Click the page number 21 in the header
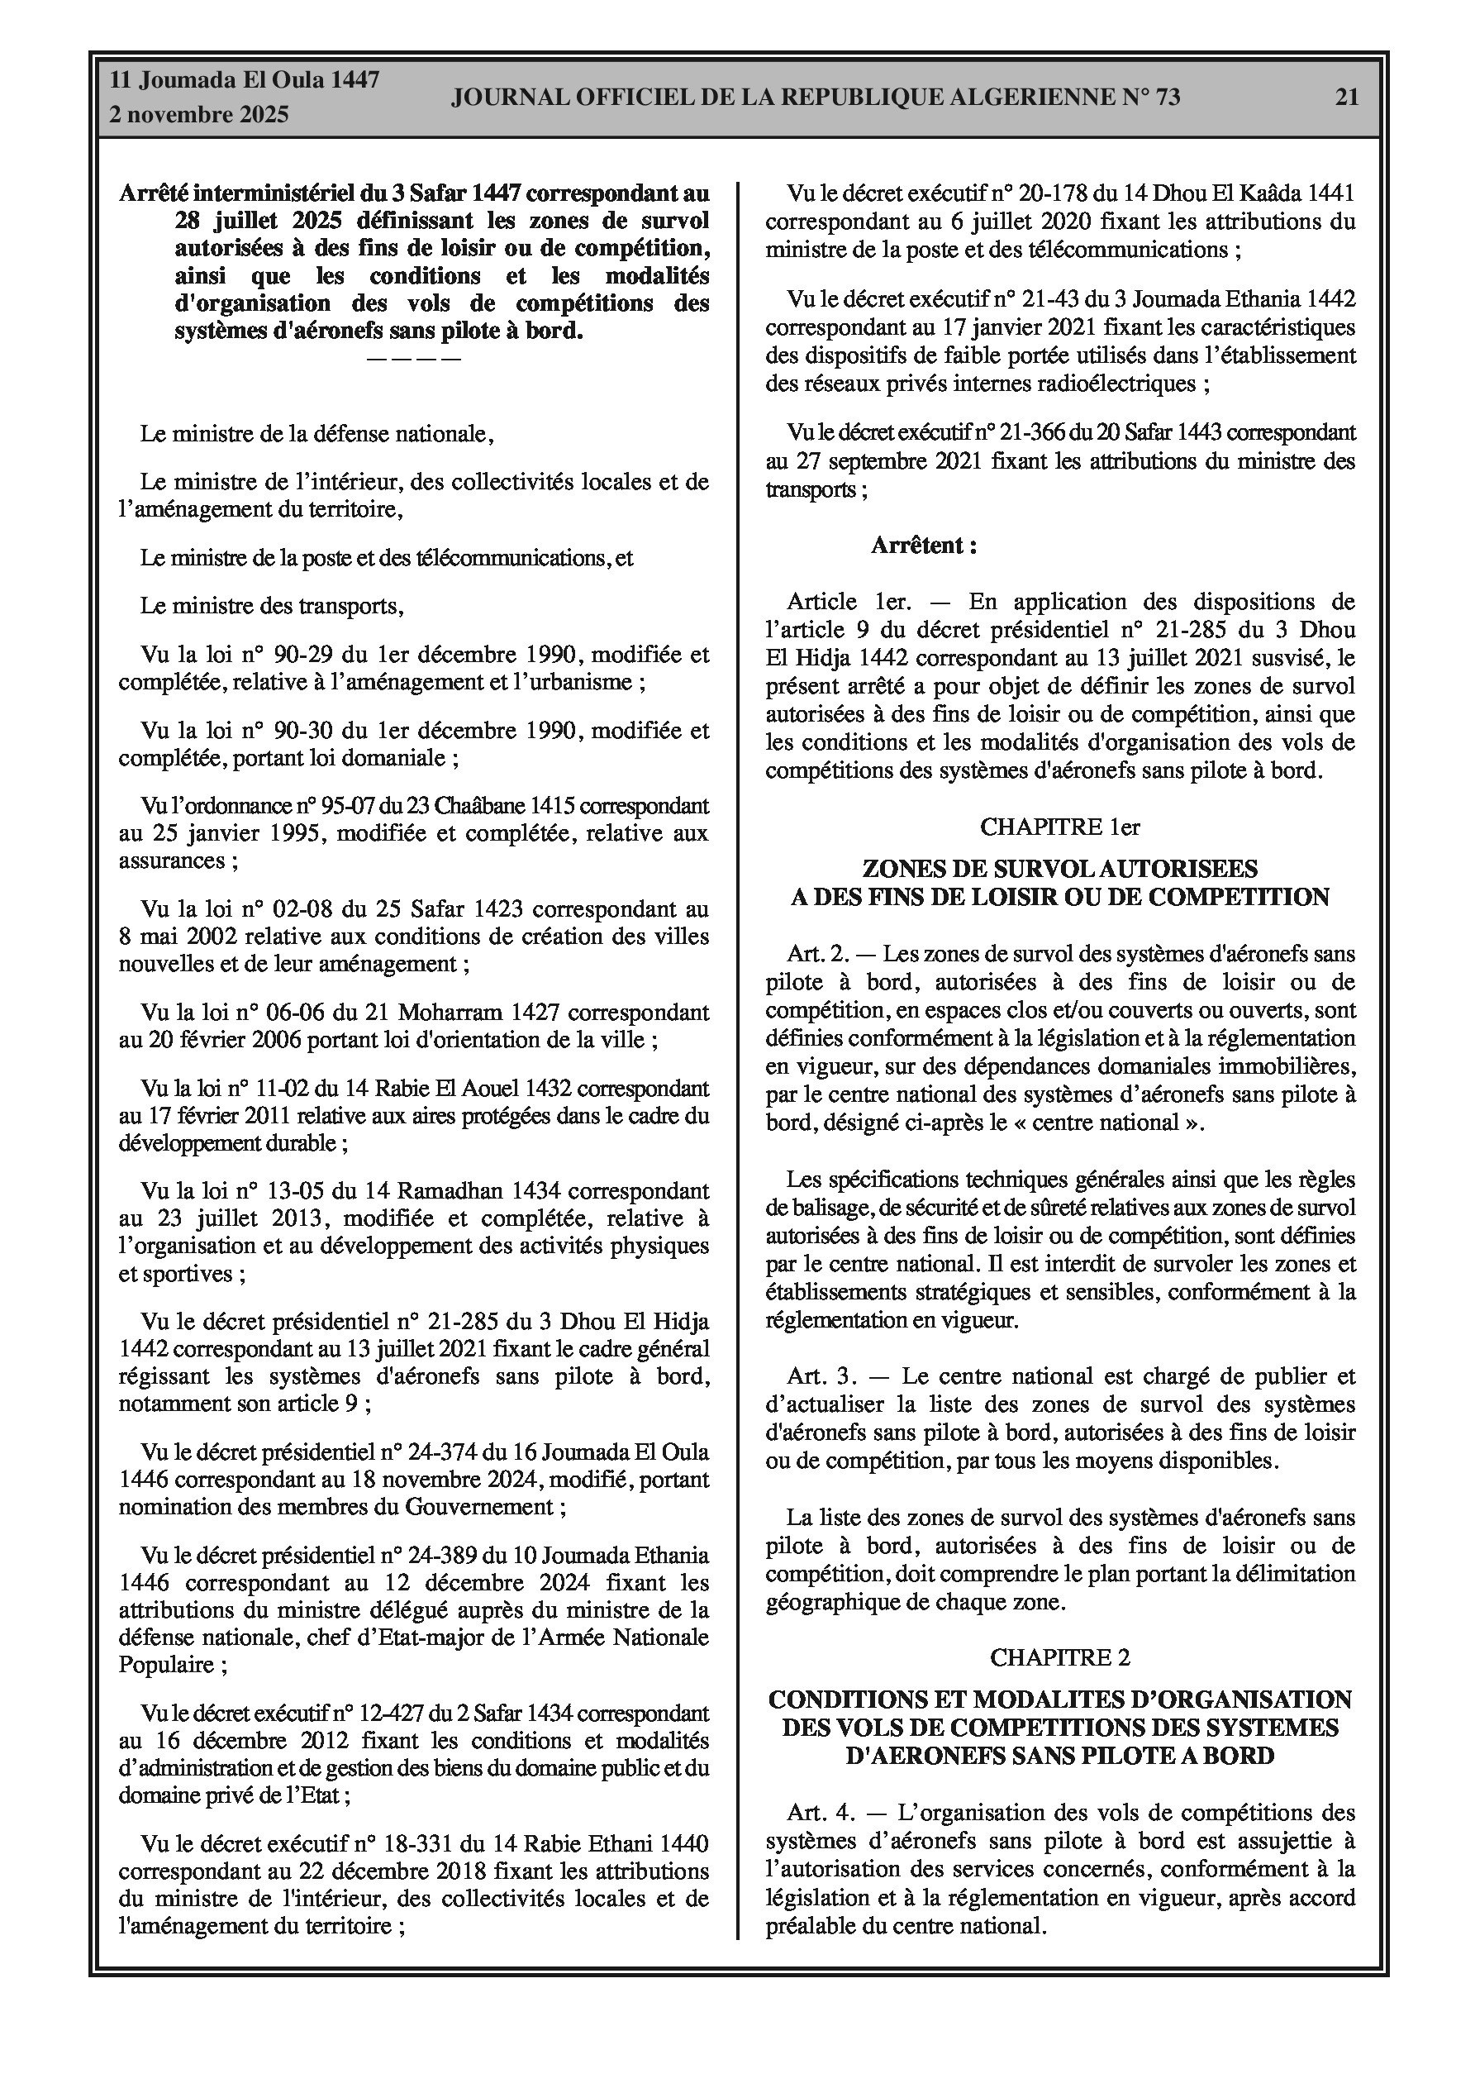pos(1347,98)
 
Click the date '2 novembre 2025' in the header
pos(198,115)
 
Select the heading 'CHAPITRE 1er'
pos(1059,827)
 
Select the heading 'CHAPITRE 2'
pos(1059,1658)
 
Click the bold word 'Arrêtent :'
pos(924,546)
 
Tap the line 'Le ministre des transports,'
pos(271,606)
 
